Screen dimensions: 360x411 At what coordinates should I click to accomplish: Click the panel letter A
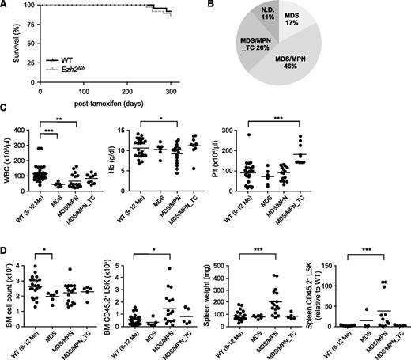coord(6,6)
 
